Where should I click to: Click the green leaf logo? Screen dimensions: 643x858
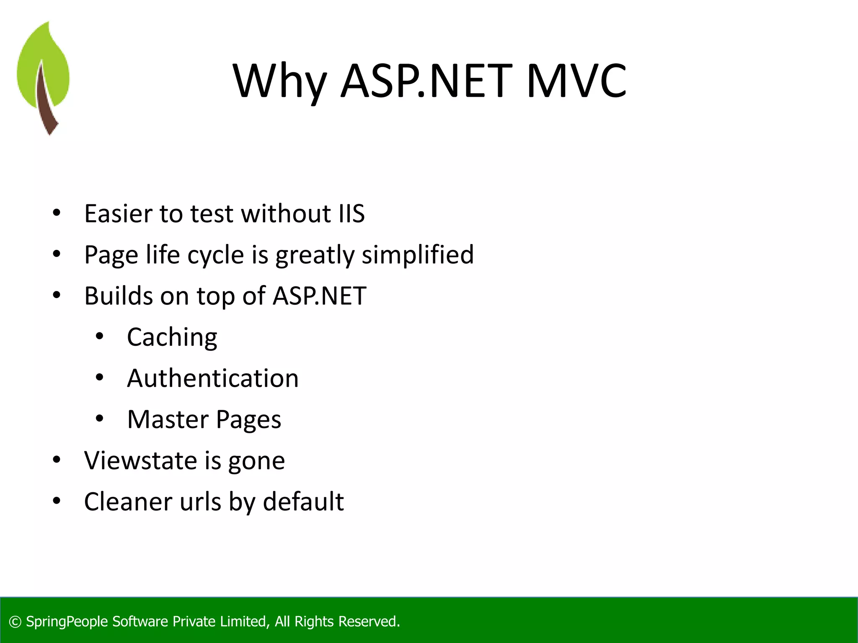coord(43,77)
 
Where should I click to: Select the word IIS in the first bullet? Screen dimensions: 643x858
coord(351,213)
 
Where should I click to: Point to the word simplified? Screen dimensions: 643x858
coord(418,255)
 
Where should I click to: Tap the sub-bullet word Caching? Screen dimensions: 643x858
coord(172,337)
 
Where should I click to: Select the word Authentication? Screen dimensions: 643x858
coord(213,378)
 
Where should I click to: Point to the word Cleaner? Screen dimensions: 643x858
coord(128,502)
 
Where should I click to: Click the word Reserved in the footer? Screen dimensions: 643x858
coord(369,622)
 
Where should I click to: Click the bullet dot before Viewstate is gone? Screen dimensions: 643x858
coord(57,460)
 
